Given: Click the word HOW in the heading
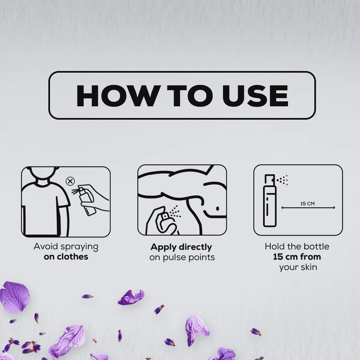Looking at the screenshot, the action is coord(118,96).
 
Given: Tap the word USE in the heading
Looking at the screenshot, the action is coord(255,96).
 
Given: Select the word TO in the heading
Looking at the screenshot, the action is coord(190,96).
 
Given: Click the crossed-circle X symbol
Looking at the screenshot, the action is coord(70,181).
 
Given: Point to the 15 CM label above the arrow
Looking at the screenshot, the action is coord(307,203).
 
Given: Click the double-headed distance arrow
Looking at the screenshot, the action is coord(308,208).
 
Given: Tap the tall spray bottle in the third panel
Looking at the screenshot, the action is coord(270,200).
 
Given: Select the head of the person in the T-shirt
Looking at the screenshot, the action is coord(43,173).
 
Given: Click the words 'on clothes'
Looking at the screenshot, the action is coord(66,257).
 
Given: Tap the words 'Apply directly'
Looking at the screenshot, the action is coord(181,247).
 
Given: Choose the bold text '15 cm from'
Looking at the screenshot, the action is coord(297,257).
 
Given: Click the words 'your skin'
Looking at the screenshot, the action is coord(298,267).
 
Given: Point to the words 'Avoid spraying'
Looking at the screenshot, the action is coord(66,247).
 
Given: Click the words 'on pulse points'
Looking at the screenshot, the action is coord(182,257).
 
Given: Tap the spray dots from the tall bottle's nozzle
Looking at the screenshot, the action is coord(282,180).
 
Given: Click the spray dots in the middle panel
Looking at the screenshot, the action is coord(175,211).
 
